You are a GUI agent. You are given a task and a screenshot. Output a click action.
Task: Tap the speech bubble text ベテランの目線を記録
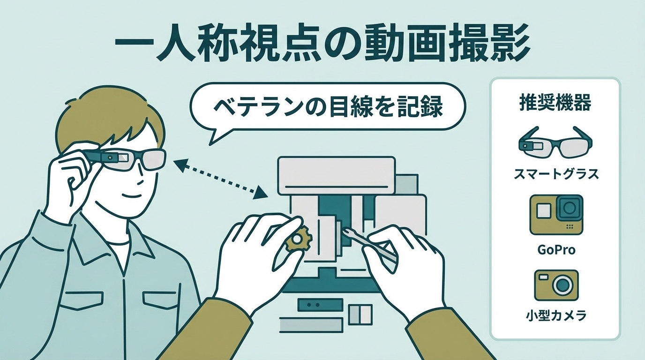(328, 107)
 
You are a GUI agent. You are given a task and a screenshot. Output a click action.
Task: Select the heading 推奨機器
(555, 102)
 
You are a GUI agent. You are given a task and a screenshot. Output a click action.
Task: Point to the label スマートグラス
(555, 174)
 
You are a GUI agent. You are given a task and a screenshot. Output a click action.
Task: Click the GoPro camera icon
(556, 215)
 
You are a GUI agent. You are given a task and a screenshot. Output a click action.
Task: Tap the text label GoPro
(556, 249)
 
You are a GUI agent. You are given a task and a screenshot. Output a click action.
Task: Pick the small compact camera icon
(556, 285)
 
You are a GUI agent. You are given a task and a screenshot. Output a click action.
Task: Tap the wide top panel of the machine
(336, 175)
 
